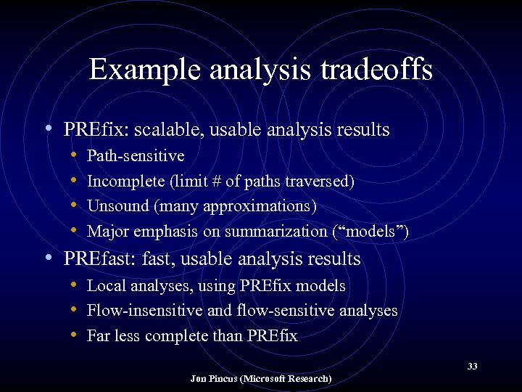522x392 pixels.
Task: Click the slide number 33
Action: [472, 366]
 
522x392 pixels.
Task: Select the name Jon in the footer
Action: [199, 379]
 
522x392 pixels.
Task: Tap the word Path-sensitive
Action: [136, 156]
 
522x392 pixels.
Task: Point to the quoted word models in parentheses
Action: [372, 232]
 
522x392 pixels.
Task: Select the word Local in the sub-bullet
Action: [104, 286]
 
